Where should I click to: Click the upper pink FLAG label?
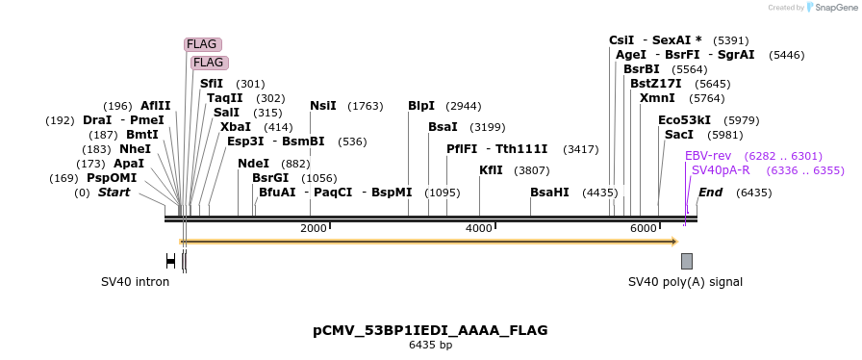click(202, 44)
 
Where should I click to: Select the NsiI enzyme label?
click(323, 106)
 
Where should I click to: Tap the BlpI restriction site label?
click(421, 106)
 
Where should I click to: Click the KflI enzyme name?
click(491, 170)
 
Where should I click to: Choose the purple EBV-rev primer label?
click(708, 156)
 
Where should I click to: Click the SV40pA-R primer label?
click(721, 170)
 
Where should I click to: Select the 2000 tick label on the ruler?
click(314, 228)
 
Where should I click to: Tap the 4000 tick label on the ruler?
click(478, 228)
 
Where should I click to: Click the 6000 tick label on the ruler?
click(643, 228)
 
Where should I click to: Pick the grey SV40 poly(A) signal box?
click(687, 261)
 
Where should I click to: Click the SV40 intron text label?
click(135, 282)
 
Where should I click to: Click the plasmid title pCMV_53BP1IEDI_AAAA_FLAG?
click(430, 330)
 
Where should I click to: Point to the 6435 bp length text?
click(430, 345)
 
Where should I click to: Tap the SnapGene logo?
click(833, 8)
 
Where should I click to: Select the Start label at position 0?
click(114, 193)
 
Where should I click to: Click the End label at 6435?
click(710, 193)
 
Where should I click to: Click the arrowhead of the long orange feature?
click(673, 242)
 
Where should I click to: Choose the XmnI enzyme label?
click(657, 98)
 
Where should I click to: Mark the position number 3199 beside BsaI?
click(487, 127)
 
